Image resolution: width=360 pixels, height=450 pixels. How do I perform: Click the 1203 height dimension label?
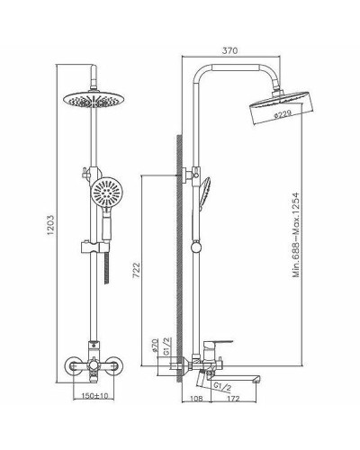[51, 219]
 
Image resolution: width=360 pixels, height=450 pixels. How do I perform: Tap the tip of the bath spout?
[259, 367]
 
